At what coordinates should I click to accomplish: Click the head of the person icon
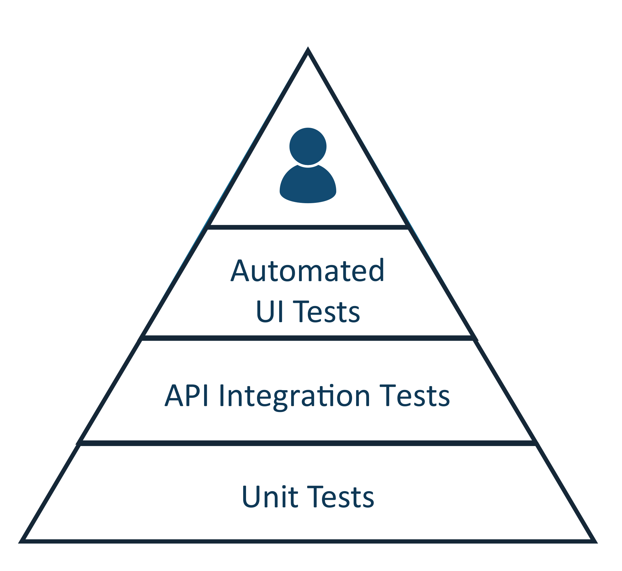(308, 146)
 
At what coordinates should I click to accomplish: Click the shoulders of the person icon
(308, 186)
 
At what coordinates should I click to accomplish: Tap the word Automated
(308, 271)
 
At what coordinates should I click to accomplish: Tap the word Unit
(270, 497)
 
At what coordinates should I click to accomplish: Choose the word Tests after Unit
(340, 497)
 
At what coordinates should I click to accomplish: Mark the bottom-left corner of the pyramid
(21, 541)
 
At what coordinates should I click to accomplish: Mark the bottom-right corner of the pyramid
(594, 541)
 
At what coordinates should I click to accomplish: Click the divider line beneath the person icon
(308, 227)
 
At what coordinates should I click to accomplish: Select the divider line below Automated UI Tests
(308, 338)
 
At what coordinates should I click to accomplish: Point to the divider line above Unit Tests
(308, 443)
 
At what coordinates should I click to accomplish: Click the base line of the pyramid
(308, 541)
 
